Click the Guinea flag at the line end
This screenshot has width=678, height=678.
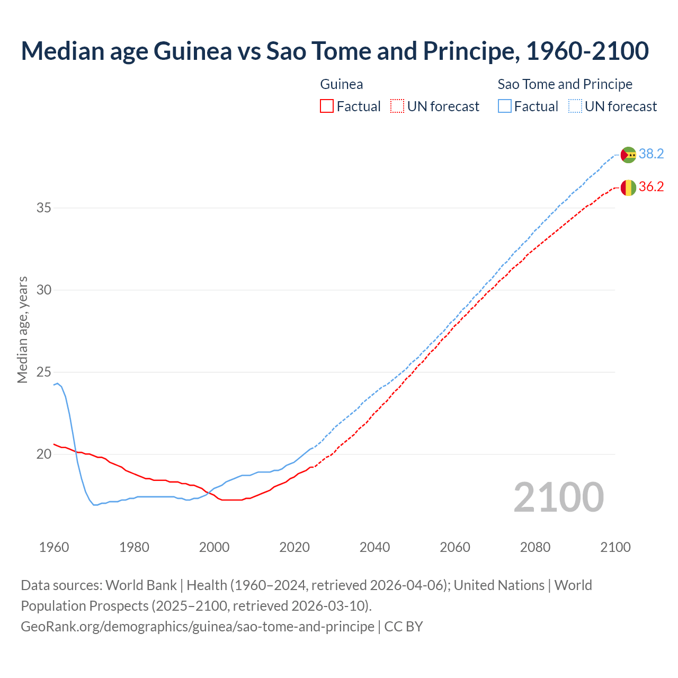628,188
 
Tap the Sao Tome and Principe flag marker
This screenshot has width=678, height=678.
628,155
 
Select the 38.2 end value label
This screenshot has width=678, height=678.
651,154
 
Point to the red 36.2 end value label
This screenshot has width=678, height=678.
651,187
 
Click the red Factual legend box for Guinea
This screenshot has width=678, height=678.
327,106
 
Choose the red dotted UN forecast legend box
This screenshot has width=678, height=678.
397,106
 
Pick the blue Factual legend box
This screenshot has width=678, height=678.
505,106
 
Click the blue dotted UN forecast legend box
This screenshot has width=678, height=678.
575,106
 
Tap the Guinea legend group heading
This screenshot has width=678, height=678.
342,84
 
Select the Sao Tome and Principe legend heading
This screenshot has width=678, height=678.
565,84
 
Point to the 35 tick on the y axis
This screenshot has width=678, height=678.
44,208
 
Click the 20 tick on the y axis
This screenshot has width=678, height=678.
44,454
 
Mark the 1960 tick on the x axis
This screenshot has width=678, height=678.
54,547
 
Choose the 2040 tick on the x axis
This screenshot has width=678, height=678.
374,547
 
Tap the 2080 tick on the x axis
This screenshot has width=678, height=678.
535,547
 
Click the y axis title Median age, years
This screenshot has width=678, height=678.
22,329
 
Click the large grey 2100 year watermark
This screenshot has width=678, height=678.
558,497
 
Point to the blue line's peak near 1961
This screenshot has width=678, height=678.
58,383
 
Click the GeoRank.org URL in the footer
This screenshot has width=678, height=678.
197,627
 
